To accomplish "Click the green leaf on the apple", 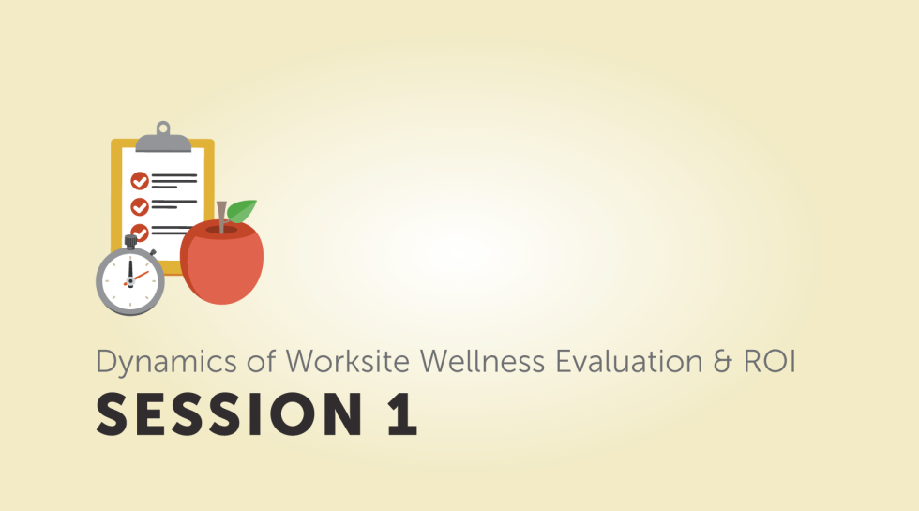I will click(242, 211).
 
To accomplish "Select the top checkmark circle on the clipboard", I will click(140, 180).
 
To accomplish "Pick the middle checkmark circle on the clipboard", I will click(140, 205).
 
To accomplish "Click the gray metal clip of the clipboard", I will click(163, 142).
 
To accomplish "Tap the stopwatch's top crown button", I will click(130, 243).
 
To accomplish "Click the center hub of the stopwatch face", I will click(130, 280).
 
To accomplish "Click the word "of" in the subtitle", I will click(248, 361).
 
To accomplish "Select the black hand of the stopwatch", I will click(130, 271).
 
